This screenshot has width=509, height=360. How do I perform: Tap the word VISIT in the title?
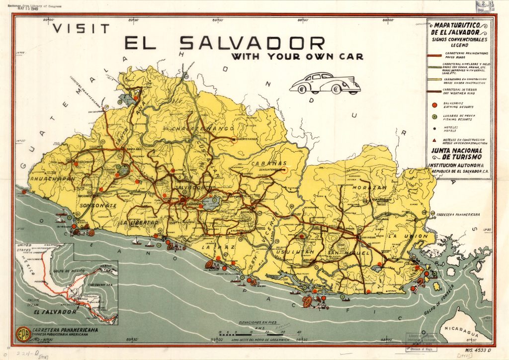pyautogui.click(x=82, y=28)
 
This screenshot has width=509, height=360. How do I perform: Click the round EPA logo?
pyautogui.click(x=22, y=333)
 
